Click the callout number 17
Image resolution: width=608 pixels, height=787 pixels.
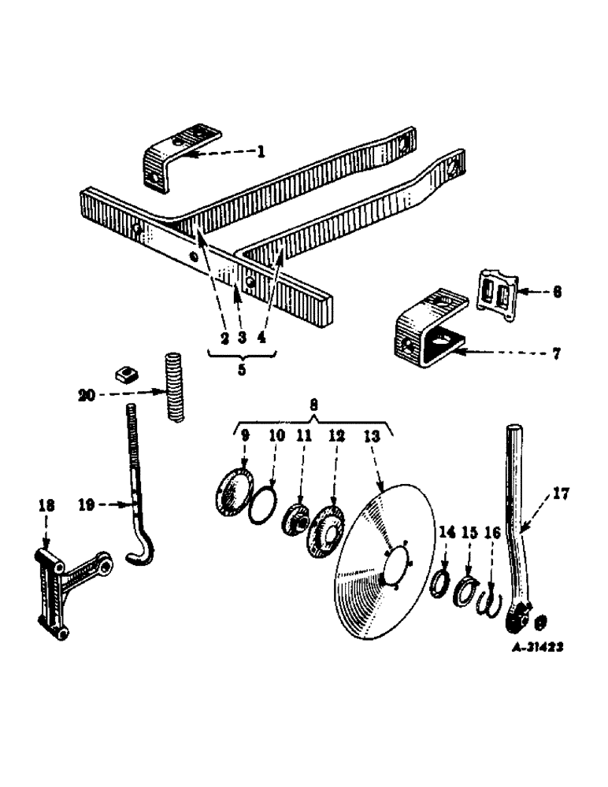coord(561,495)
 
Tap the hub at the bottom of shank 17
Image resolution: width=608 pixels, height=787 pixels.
coord(517,619)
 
